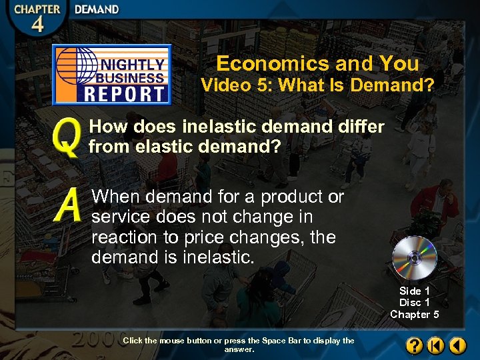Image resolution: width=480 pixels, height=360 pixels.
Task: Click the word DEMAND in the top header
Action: [97, 9]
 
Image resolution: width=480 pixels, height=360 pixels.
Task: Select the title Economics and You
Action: [317, 63]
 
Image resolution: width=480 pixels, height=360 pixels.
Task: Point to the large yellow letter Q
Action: [67, 137]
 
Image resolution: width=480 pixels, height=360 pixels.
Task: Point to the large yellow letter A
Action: [69, 205]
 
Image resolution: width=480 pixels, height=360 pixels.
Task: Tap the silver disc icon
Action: [414, 257]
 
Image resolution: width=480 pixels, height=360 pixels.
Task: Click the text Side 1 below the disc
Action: [414, 291]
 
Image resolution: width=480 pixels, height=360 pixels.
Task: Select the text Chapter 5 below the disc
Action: [414, 314]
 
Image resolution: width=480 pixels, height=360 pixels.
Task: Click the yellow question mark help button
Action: [413, 345]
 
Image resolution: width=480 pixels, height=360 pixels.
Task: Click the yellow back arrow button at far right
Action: [457, 345]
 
